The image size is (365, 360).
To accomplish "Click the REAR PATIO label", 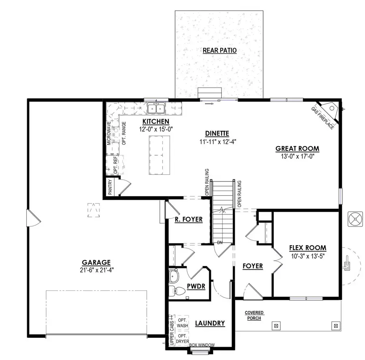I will pyautogui.click(x=219, y=50).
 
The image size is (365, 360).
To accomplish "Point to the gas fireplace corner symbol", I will pyautogui.click(x=332, y=108).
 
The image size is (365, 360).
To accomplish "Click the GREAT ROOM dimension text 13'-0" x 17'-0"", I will pyautogui.click(x=297, y=156).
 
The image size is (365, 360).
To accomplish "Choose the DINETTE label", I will pyautogui.click(x=217, y=133).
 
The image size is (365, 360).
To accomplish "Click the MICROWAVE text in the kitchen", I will pyautogui.click(x=109, y=133).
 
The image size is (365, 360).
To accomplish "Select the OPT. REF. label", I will pyautogui.click(x=115, y=165).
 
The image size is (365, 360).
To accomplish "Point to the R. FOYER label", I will pyautogui.click(x=189, y=219).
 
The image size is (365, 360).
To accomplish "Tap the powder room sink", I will pyautogui.click(x=174, y=276).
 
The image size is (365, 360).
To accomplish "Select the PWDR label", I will pyautogui.click(x=196, y=286).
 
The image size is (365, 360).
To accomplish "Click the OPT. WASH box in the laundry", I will pyautogui.click(x=182, y=323).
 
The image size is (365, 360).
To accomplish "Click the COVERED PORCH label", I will pyautogui.click(x=254, y=315).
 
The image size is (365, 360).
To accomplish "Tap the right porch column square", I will pyautogui.click(x=335, y=325).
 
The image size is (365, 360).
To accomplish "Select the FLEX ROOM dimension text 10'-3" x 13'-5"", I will pyautogui.click(x=307, y=256).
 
